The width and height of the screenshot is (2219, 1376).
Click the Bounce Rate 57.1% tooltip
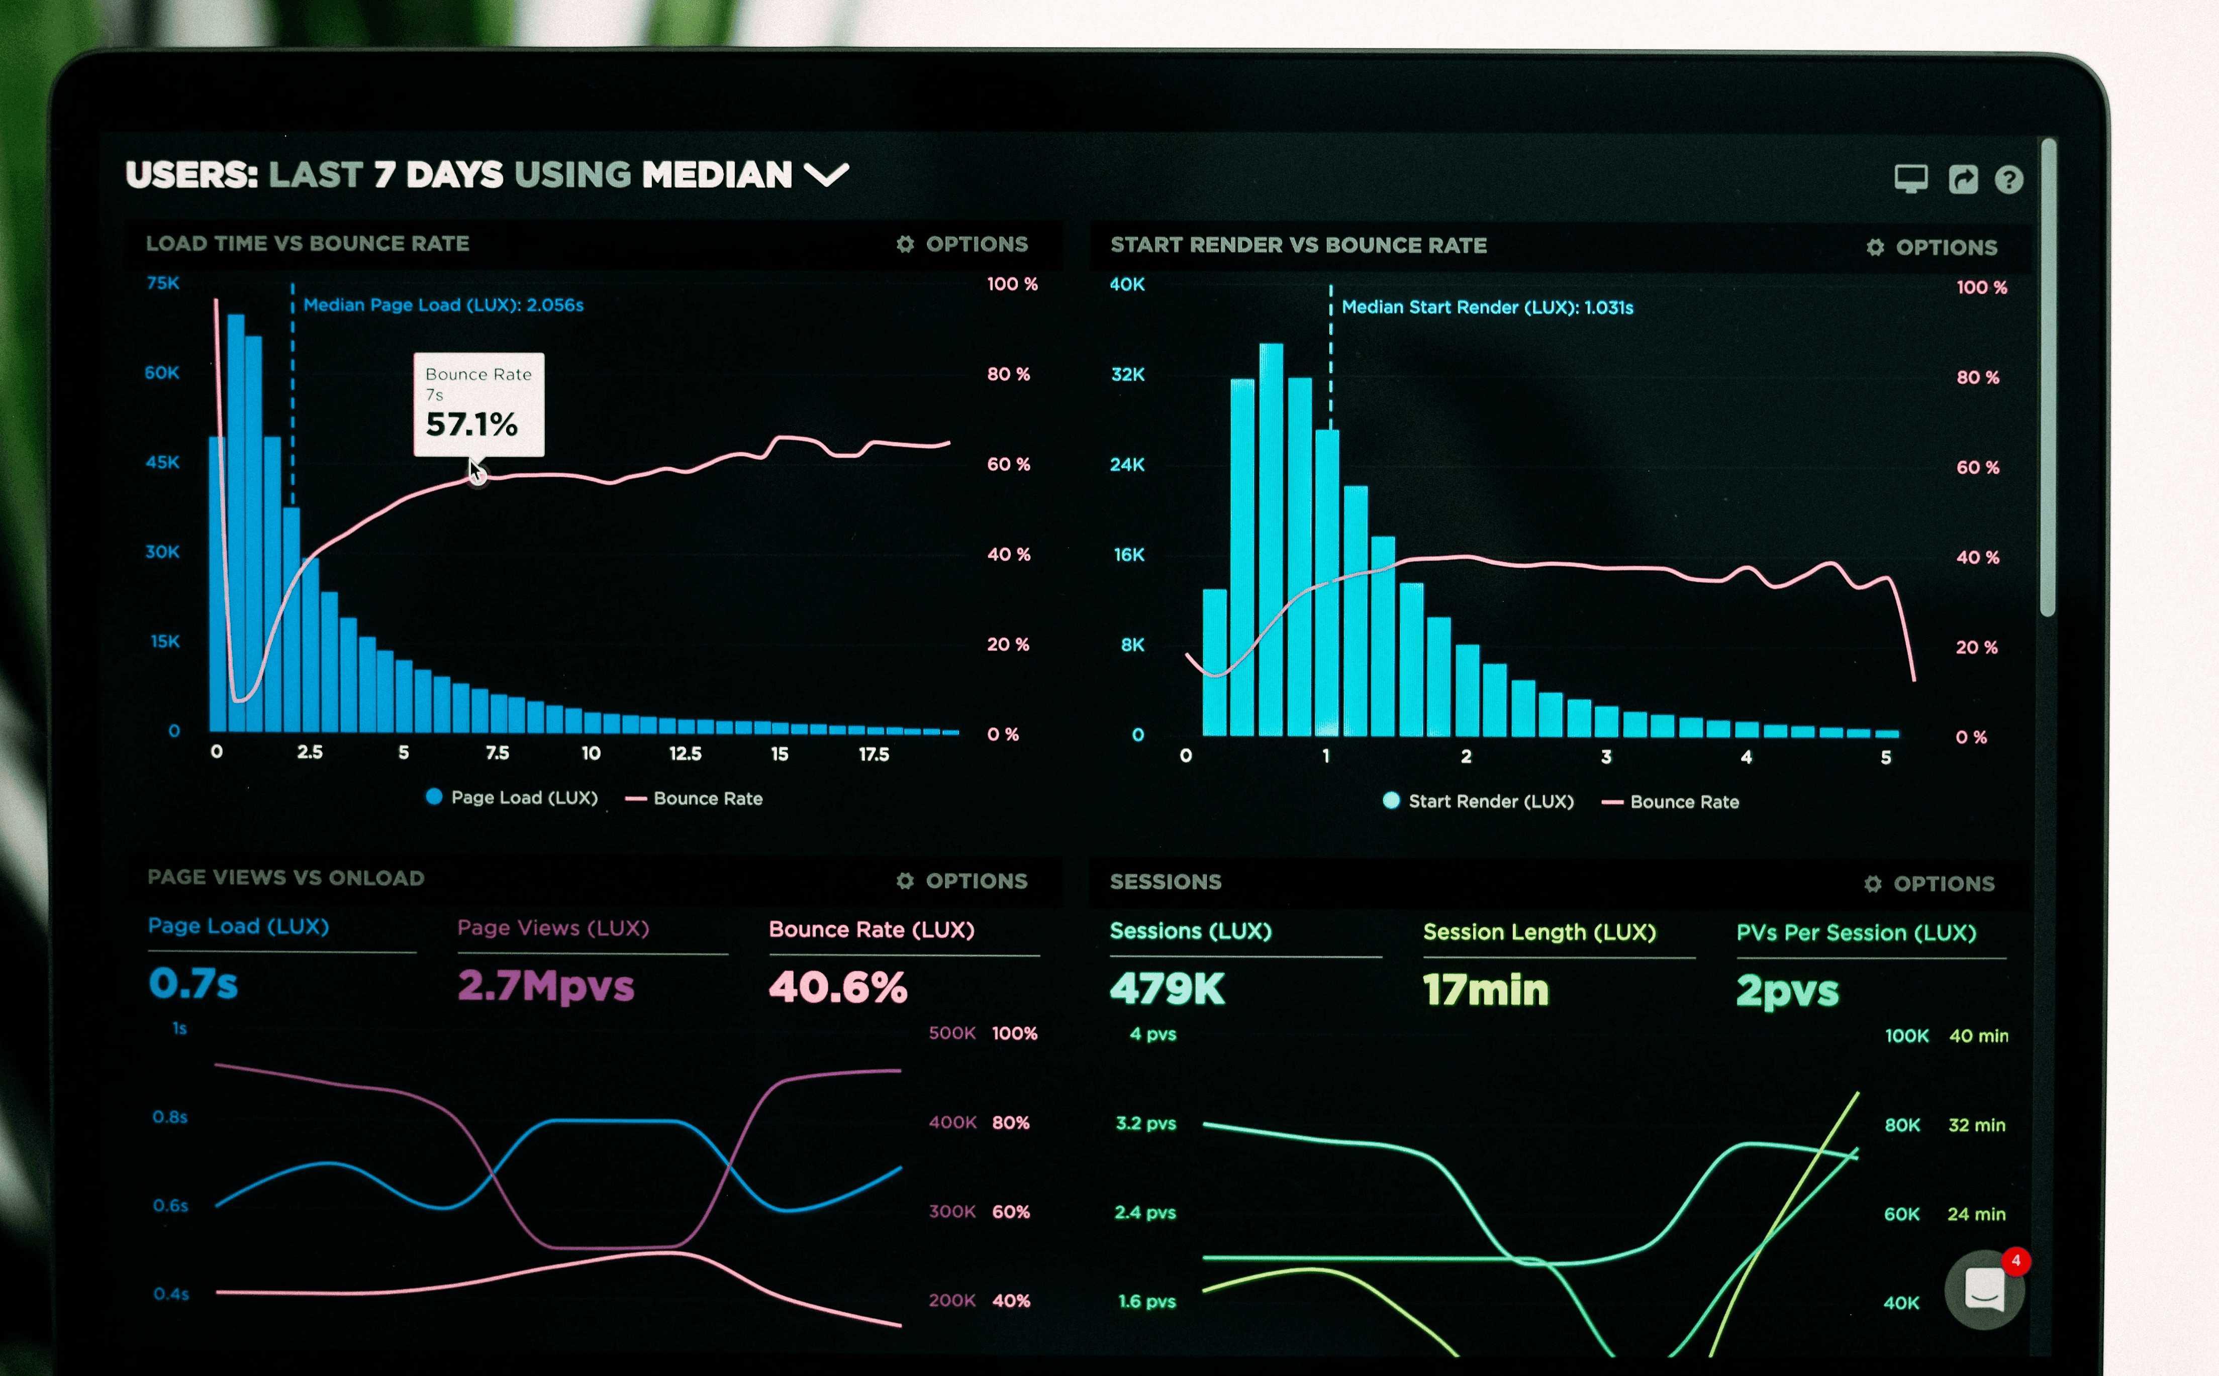pyautogui.click(x=479, y=404)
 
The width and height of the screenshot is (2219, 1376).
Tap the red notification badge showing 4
pyautogui.click(x=2016, y=1260)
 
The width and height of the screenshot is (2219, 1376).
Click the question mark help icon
pyautogui.click(x=2009, y=179)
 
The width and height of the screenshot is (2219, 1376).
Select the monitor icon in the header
pyautogui.click(x=1910, y=178)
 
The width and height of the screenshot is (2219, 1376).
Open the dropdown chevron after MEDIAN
pyautogui.click(x=826, y=174)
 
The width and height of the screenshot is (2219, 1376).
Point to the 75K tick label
pyautogui.click(x=163, y=283)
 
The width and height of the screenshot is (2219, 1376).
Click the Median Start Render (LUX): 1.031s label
pyautogui.click(x=1487, y=307)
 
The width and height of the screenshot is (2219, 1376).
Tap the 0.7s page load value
pyautogui.click(x=193, y=983)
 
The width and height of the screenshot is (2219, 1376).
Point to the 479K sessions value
pyautogui.click(x=1167, y=989)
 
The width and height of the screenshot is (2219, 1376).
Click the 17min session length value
pyautogui.click(x=1485, y=990)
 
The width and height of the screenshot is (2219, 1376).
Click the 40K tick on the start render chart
pyautogui.click(x=1127, y=285)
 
